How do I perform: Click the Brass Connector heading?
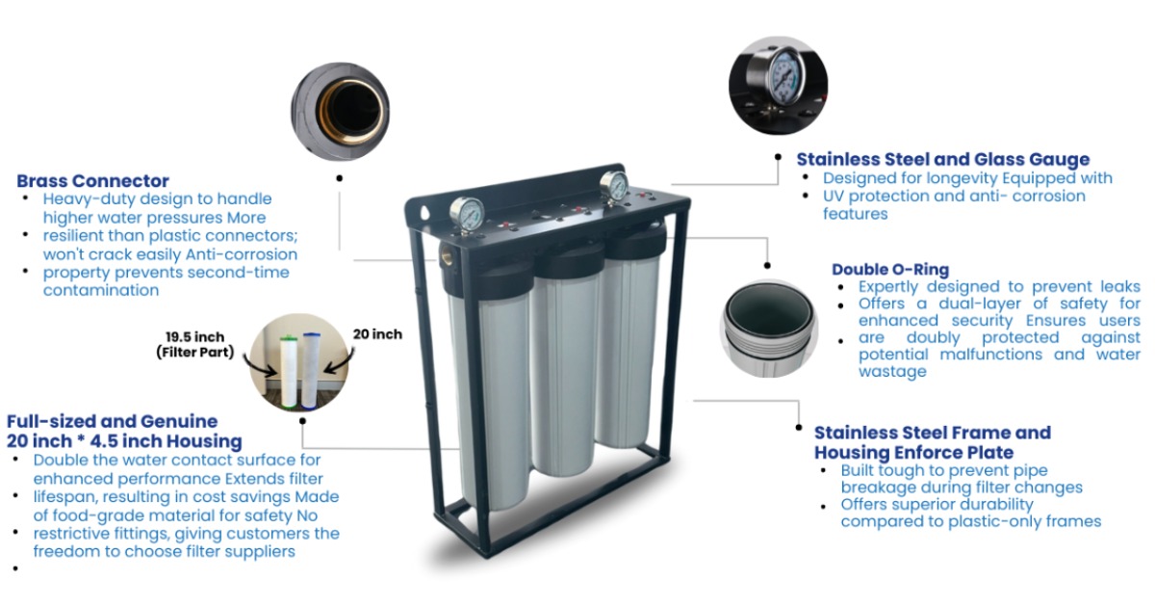[x=92, y=181]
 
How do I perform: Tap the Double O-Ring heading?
[x=890, y=269]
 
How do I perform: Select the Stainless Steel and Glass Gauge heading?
[x=942, y=160]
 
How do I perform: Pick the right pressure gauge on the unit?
[x=613, y=185]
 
